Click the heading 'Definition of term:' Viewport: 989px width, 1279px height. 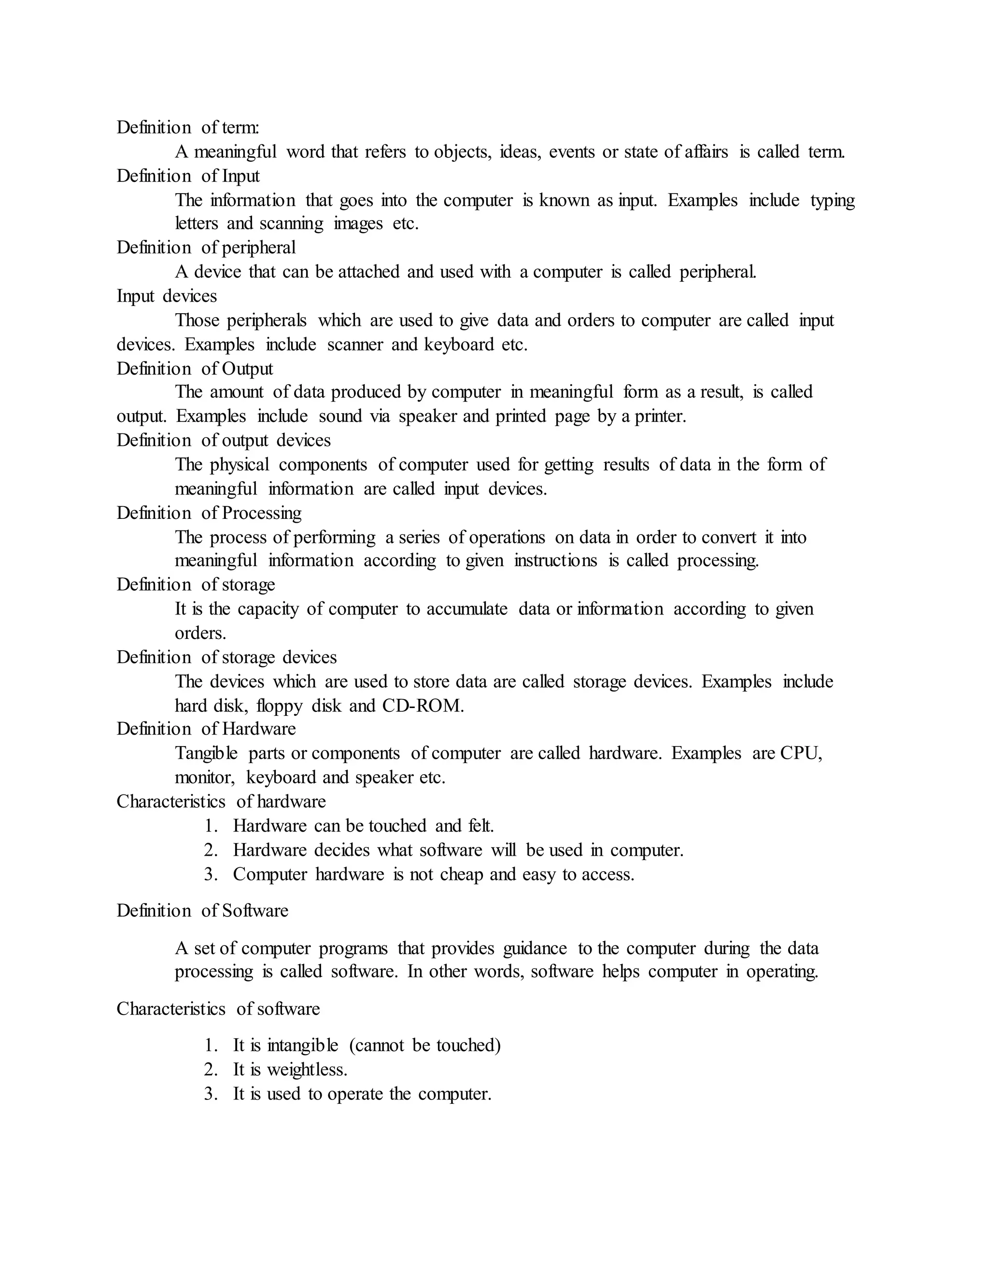pos(187,127)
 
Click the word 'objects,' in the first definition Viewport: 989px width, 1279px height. pos(463,152)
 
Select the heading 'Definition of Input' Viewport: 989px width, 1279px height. pos(187,176)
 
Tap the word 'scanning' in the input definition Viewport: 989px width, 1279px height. pos(291,224)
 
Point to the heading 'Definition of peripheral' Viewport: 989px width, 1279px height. pos(206,248)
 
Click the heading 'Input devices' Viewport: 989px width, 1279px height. pos(167,296)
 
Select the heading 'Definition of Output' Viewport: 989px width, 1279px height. pos(195,369)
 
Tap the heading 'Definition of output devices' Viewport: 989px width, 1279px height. pos(223,440)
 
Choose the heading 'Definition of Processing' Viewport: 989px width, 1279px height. pos(209,513)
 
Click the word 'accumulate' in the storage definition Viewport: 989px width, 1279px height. pos(466,609)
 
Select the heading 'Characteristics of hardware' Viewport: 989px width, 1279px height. pos(221,801)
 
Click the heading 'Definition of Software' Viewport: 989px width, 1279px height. pos(202,911)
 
